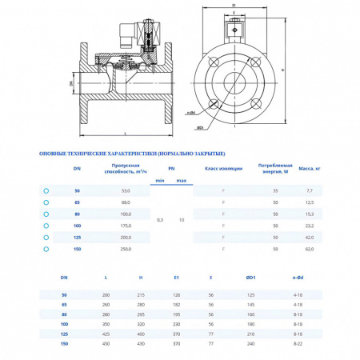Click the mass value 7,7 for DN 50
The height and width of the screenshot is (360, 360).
(x=309, y=191)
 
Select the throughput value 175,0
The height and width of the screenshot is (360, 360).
(x=125, y=227)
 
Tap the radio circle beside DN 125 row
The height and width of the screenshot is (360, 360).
(x=46, y=238)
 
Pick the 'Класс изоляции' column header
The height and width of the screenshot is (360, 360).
(x=222, y=169)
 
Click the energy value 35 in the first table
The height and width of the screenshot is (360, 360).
(x=275, y=191)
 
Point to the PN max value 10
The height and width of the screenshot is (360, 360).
(x=182, y=219)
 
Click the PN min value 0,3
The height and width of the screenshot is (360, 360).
(x=160, y=219)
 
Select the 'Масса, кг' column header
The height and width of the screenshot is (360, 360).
(x=309, y=169)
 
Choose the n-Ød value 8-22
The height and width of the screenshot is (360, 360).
(x=297, y=343)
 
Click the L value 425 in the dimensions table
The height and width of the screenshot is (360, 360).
(x=106, y=334)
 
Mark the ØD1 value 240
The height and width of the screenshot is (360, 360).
(x=250, y=343)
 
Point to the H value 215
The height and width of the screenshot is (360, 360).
(x=140, y=295)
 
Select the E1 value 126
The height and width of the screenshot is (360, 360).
(x=176, y=295)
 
